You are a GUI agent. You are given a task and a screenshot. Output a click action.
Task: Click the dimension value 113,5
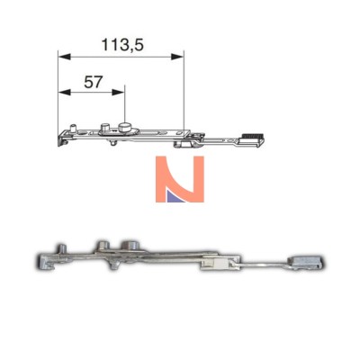pyautogui.click(x=122, y=45)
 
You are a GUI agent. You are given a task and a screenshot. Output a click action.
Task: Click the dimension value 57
pyautogui.click(x=94, y=82)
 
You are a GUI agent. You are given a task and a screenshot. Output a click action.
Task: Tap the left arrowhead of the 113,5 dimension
pyautogui.click(x=64, y=57)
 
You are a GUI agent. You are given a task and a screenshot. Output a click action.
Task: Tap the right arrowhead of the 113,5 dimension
pyautogui.click(x=177, y=57)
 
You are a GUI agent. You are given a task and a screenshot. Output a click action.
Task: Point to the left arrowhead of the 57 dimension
pyautogui.click(x=64, y=92)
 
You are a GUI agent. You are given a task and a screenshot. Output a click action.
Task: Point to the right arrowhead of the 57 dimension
pyautogui.click(x=118, y=92)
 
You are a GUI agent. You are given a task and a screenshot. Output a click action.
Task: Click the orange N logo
pyautogui.click(x=180, y=179)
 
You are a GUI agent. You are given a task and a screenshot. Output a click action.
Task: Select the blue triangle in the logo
pyautogui.click(x=174, y=195)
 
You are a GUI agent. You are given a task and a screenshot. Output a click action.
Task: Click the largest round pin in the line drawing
pyautogui.click(x=124, y=128)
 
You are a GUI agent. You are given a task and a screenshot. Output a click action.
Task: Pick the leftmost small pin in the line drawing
pyautogui.click(x=72, y=128)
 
